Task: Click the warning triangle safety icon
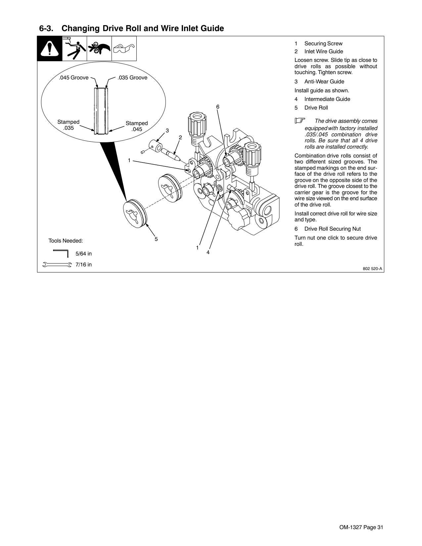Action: coord(49,49)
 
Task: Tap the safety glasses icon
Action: coord(124,49)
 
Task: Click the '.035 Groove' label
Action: coord(132,78)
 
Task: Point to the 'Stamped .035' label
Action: coord(69,125)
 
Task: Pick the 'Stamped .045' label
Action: coord(137,126)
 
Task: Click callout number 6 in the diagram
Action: coord(217,107)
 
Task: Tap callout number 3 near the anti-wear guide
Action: coord(167,131)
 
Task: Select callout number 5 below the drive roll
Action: coord(156,239)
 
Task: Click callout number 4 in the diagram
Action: coord(208,252)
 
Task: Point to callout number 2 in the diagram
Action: coord(180,137)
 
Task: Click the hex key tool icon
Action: coord(61,253)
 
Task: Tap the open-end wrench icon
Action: coord(57,264)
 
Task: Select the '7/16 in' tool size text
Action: coord(84,264)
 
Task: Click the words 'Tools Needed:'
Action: coord(66,241)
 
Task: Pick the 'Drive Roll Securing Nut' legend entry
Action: coord(332,229)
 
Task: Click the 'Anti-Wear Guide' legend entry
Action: coord(324,82)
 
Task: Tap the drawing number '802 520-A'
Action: coord(372,269)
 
